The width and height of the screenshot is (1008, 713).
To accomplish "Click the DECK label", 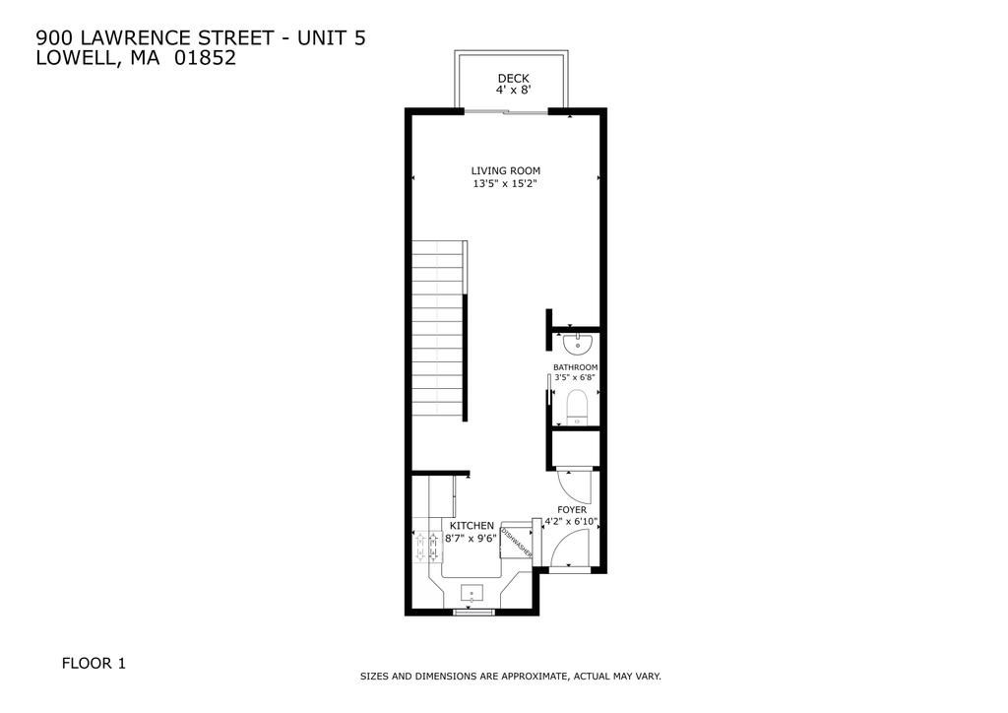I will [513, 79].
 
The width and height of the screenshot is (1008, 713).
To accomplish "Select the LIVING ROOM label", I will [505, 170].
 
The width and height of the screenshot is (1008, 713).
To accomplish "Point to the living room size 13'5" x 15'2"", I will [505, 183].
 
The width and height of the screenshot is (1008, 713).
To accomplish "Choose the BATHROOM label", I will [575, 367].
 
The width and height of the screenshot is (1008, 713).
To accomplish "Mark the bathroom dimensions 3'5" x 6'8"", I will [575, 377].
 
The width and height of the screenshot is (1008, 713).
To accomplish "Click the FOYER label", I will [572, 509].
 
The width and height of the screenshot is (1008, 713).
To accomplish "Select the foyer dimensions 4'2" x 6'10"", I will [572, 522].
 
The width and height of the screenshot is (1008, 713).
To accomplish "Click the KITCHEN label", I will [472, 526].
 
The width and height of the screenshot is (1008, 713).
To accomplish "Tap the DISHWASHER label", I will [517, 544].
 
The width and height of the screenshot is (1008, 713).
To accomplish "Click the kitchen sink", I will [473, 594].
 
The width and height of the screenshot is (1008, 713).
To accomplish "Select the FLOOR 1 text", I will [94, 664].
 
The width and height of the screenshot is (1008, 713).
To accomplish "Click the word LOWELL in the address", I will [74, 57].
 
